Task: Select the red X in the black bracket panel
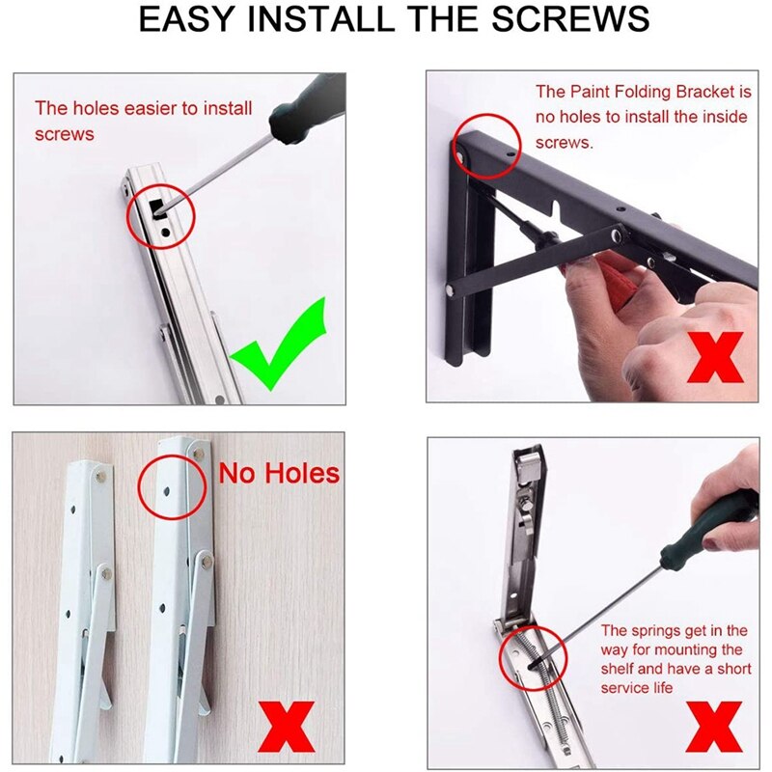[x=713, y=358]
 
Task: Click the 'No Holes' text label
[x=279, y=473]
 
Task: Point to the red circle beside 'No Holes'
[x=174, y=485]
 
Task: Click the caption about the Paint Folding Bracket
[x=643, y=117]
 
